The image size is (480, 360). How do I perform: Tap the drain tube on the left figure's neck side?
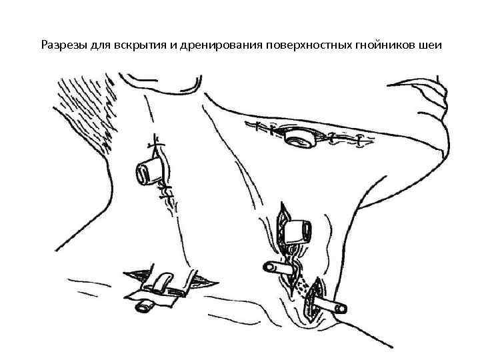pyautogui.click(x=147, y=172)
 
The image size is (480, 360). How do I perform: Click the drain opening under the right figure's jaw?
pyautogui.click(x=296, y=139)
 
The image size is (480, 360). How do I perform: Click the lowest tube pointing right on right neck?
pyautogui.click(x=332, y=307)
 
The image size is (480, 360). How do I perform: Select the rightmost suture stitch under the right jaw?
pyautogui.click(x=361, y=141)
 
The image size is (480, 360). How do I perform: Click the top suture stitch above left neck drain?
pyautogui.click(x=157, y=142)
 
